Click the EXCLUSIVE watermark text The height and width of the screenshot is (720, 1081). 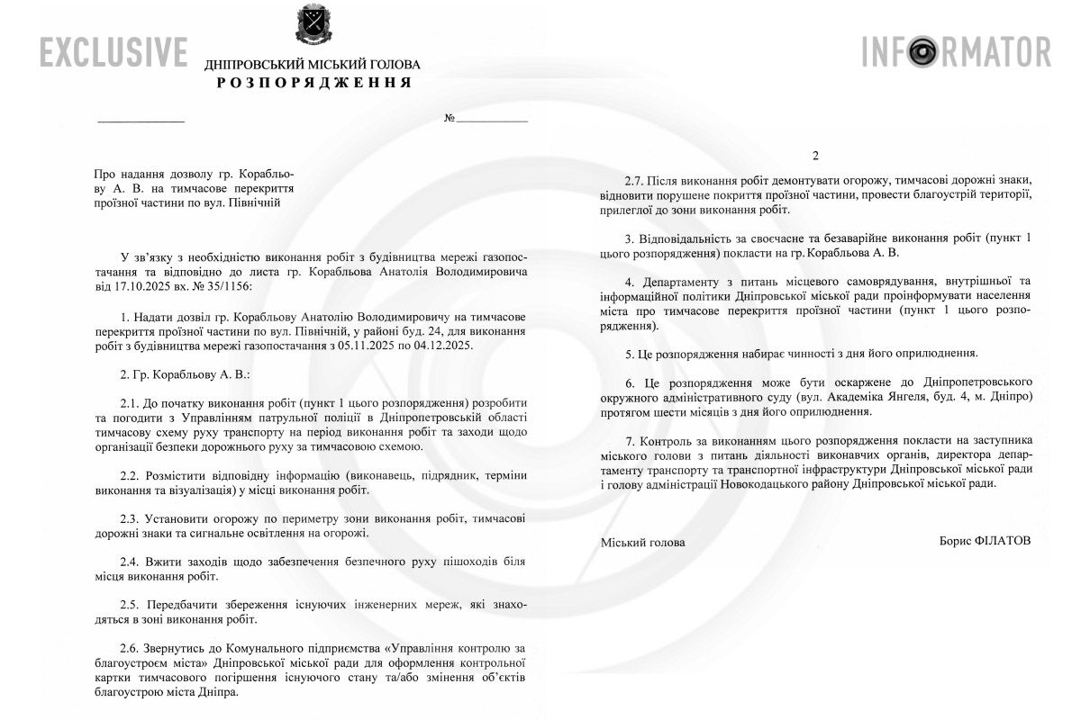coord(114,52)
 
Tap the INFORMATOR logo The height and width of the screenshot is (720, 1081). coord(957,51)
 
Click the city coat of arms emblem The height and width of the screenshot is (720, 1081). coord(313,27)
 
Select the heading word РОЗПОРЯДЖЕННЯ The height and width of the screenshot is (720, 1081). coord(313,83)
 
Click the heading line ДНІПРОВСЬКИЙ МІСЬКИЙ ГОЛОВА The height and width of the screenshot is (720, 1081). coord(313,65)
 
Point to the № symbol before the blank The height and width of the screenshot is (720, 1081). coord(450,119)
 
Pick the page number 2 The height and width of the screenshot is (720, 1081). coord(815,156)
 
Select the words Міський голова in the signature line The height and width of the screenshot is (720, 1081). coord(642,542)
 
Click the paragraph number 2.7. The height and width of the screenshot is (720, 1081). coord(636,180)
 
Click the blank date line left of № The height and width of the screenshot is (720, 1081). coord(141,120)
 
